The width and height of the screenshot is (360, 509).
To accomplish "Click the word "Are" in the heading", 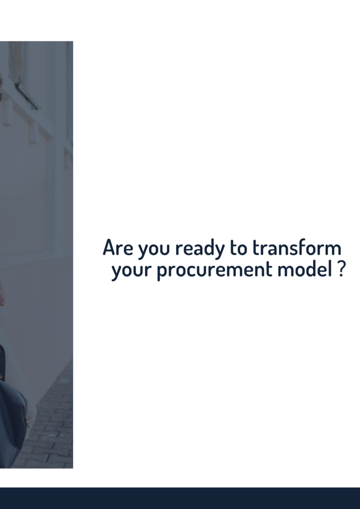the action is (118, 248).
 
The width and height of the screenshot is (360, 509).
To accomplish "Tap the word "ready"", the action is (199, 249).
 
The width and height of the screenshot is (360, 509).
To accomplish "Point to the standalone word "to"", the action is (238, 248).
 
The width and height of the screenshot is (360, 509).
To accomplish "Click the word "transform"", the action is (297, 247).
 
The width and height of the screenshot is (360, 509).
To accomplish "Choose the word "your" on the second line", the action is (131, 271).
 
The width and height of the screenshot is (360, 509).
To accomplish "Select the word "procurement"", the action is (215, 270).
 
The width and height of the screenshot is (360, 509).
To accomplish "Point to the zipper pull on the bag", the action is (25, 422).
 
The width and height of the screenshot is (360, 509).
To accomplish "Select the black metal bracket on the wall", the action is (26, 96).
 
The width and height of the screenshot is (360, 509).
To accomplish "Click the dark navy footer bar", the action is (180, 498).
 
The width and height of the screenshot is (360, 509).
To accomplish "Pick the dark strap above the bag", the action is (2, 361).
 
